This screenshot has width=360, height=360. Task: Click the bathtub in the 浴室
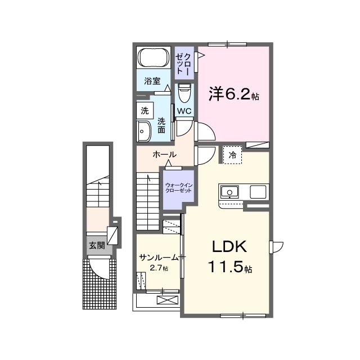coord(154,57)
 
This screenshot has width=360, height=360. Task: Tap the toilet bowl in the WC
coord(184,93)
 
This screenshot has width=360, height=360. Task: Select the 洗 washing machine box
coord(145,110)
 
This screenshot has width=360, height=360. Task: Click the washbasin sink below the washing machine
coord(144,132)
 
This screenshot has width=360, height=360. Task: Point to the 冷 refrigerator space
coord(232,155)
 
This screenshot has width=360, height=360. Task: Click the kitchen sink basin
coord(229,192)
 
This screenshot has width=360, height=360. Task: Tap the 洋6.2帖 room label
coord(234,94)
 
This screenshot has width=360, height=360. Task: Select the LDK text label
coord(229,246)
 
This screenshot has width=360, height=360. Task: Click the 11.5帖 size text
coord(230,267)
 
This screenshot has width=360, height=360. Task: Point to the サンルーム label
coord(159,258)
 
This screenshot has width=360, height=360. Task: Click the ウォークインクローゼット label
coord(179,188)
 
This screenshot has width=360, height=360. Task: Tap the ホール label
coord(164,155)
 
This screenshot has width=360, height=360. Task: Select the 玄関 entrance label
coord(97,245)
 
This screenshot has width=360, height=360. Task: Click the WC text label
coord(184,111)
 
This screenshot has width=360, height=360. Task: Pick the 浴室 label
coord(152,81)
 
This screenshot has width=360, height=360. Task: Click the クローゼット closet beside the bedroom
coord(184,63)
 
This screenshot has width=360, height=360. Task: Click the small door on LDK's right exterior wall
coord(277,247)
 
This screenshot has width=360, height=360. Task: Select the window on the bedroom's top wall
coord(227,44)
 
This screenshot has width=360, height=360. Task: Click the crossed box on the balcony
coord(168,300)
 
